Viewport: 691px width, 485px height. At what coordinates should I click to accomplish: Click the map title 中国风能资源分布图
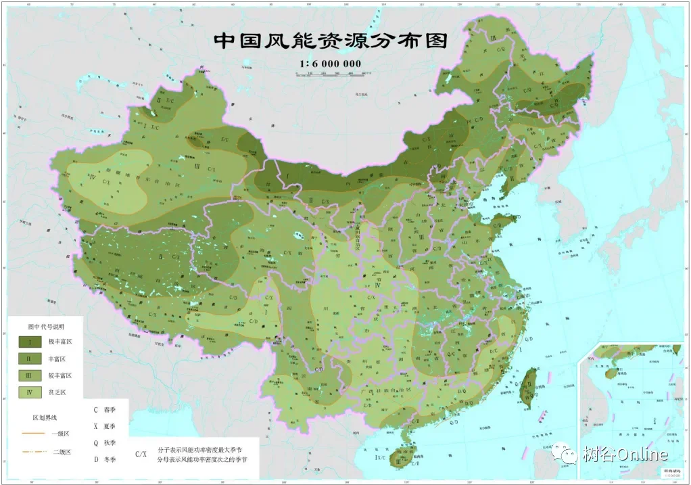pyautogui.click(x=331, y=41)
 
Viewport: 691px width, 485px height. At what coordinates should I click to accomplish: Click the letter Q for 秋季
pyautogui.click(x=96, y=442)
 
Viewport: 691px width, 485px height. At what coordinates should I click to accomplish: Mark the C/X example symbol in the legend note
pyautogui.click(x=141, y=454)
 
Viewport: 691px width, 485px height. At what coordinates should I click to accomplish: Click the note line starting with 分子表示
pyautogui.click(x=199, y=448)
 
